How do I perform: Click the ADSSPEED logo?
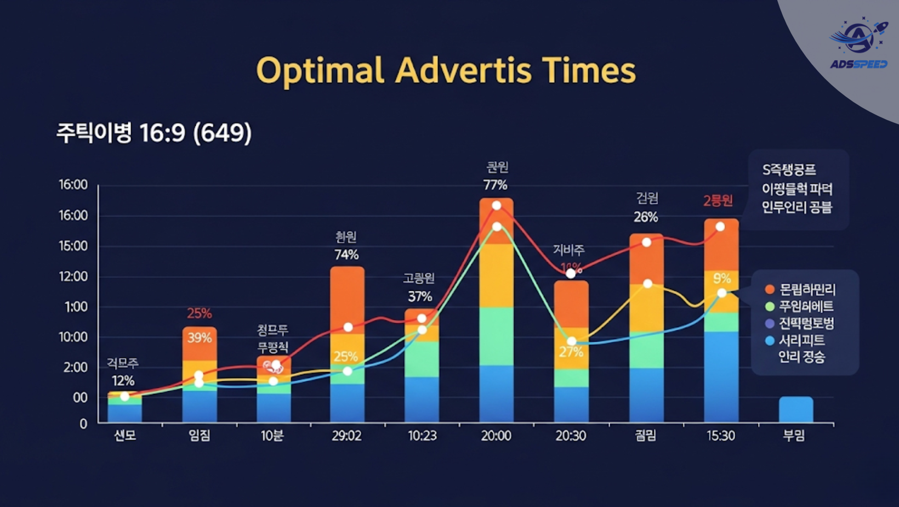(858, 44)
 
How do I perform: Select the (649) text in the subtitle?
(223, 133)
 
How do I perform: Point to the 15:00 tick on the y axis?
(73, 246)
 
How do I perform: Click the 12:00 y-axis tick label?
(73, 277)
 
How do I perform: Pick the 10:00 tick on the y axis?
(73, 337)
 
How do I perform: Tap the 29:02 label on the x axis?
(346, 436)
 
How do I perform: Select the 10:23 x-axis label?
(422, 436)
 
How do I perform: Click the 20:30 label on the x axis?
(571, 436)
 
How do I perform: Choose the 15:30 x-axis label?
(720, 436)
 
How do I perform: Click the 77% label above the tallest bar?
(495, 185)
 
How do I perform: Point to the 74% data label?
(346, 255)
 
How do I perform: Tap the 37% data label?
(420, 297)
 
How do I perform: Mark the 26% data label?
(646, 217)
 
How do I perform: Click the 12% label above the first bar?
(123, 381)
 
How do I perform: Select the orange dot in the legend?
(770, 289)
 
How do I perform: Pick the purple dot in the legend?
(770, 323)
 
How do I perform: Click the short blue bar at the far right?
(795, 409)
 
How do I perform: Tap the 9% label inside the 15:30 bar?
(722, 279)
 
